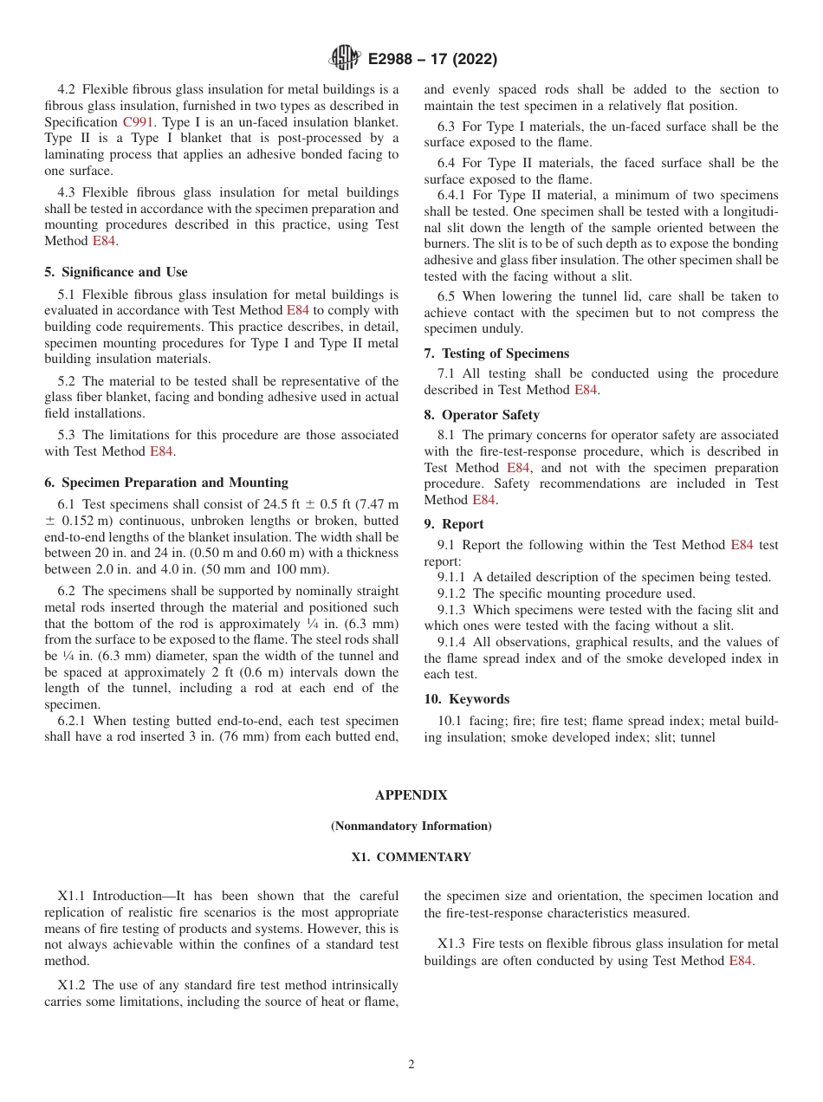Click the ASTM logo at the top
[x=345, y=59]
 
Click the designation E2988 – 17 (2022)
[x=432, y=60]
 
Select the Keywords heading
[x=467, y=699]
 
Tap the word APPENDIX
[x=411, y=794]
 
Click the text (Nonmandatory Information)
[x=411, y=826]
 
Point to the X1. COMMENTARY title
[x=411, y=857]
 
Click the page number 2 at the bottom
[x=411, y=1065]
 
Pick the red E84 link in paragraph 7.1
[x=586, y=390]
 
